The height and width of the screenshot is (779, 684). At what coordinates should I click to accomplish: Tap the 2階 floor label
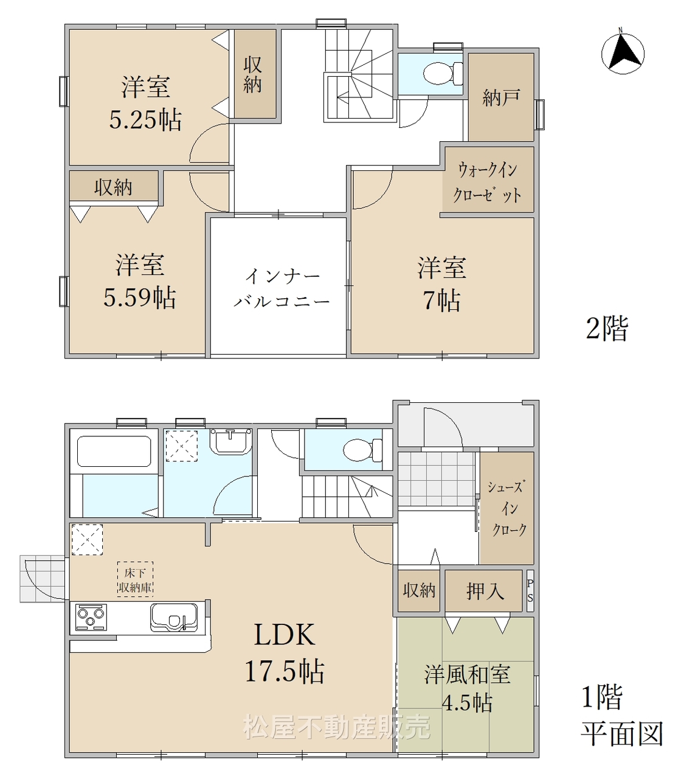606,328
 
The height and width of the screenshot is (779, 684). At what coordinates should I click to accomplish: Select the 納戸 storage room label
501,97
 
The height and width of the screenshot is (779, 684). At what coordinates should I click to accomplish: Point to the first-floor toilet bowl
362,450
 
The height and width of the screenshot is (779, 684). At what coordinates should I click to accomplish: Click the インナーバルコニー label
282,288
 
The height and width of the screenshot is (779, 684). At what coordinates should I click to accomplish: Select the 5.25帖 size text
145,119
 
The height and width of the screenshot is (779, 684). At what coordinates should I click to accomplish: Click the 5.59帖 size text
140,297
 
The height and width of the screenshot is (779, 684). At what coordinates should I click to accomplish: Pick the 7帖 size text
441,300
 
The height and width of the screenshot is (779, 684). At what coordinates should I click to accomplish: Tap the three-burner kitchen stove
91,617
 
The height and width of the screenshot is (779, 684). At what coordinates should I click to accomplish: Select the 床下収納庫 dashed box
135,579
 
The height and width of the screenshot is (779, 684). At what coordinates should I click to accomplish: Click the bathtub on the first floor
114,451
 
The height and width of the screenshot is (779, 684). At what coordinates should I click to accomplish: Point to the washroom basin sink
230,442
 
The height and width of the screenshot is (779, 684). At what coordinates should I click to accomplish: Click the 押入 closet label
485,591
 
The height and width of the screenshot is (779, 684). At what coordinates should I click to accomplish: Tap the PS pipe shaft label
530,590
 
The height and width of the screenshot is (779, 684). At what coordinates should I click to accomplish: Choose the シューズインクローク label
506,508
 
